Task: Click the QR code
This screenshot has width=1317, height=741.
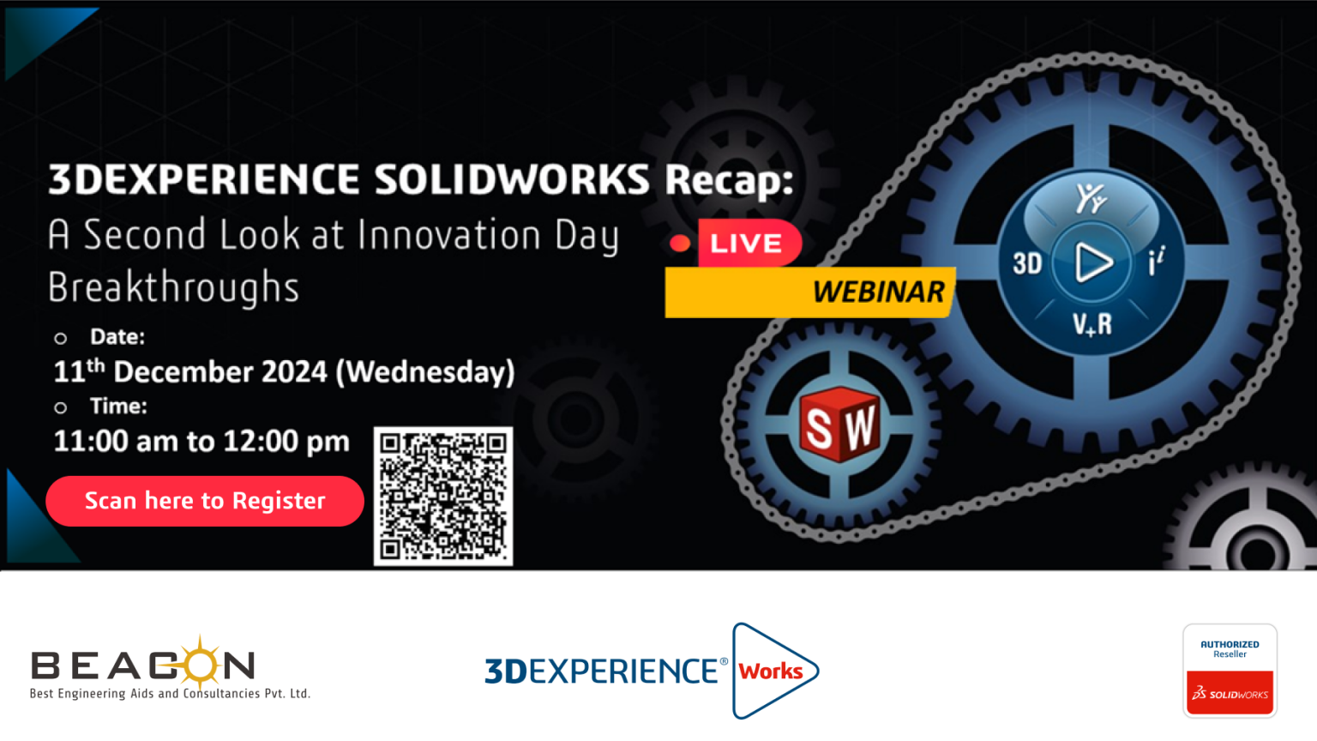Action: (443, 497)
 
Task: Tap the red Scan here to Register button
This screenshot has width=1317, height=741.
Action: (205, 501)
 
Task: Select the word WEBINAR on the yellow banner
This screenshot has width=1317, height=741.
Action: (878, 292)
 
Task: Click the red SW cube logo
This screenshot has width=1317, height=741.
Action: (840, 424)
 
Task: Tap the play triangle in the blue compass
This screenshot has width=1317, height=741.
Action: (1093, 262)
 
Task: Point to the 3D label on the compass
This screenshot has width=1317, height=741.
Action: (1027, 263)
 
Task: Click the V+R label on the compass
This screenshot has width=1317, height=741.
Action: (1092, 324)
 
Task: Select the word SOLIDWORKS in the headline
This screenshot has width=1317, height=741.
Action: (512, 178)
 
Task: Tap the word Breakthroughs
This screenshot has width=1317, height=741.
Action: (173, 287)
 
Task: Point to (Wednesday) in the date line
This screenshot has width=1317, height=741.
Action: (425, 373)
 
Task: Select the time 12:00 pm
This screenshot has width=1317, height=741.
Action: (286, 441)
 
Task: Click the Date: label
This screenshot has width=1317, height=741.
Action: (117, 336)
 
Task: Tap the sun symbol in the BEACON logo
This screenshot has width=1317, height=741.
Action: (200, 662)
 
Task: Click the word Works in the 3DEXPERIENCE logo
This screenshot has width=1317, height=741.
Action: (770, 671)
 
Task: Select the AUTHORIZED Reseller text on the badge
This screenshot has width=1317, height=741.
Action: (1230, 648)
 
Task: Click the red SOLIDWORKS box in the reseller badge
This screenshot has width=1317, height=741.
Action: (1230, 693)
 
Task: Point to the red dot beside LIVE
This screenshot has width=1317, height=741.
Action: (680, 244)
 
